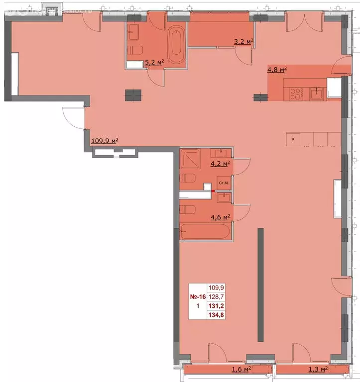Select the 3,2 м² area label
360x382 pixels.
244,42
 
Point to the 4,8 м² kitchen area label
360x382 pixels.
277,70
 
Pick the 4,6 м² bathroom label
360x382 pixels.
221,217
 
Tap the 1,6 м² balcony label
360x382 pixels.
241,369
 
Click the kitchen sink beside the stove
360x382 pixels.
316,92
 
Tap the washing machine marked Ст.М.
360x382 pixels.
224,184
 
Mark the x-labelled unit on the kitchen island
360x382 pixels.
293,139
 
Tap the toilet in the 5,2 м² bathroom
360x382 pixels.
135,50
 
